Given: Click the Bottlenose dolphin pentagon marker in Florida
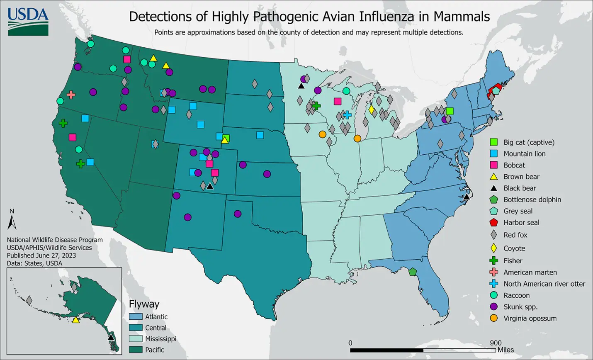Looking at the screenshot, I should [412, 272].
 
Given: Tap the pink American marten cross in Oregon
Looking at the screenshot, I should [71, 95].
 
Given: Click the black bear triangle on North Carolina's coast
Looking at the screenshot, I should [467, 197].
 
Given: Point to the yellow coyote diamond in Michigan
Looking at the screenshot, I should [372, 109].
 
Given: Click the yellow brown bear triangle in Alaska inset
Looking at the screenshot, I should [75, 320].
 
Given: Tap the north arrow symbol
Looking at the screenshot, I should [12, 220].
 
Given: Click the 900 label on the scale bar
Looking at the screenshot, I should [495, 343].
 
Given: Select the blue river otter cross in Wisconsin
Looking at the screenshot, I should [347, 115].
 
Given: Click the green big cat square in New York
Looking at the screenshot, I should [450, 111].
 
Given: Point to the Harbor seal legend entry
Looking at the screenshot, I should [521, 223].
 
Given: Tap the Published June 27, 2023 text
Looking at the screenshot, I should [41, 255].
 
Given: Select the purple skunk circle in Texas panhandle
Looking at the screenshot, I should [238, 214].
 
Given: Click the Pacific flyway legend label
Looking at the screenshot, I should [154, 350].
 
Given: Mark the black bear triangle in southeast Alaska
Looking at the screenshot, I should [111, 337].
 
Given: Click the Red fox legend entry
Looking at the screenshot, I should [515, 235].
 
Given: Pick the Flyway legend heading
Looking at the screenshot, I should [144, 304].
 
